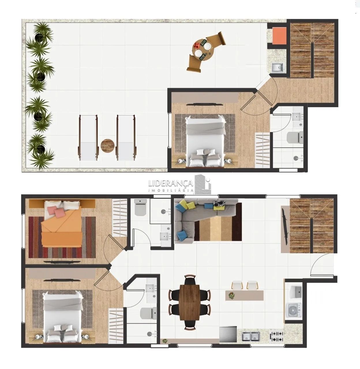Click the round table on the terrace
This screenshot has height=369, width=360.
[x=203, y=50]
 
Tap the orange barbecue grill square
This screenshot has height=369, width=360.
[x=279, y=35]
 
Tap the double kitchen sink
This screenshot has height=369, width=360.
[x=251, y=336]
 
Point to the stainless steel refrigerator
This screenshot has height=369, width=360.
[x=228, y=334]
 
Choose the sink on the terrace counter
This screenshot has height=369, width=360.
[x=277, y=67]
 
